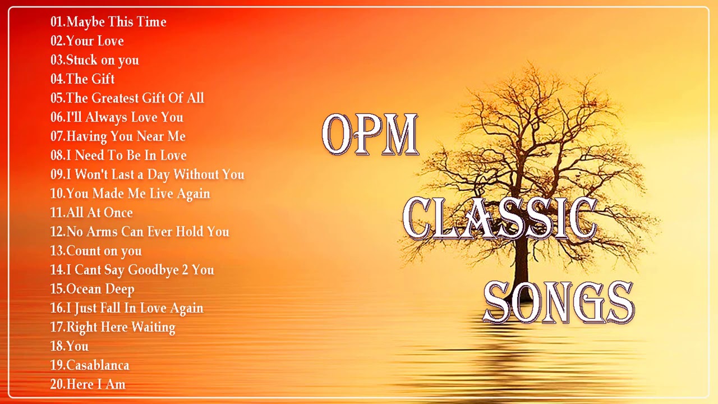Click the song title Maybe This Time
pyautogui.click(x=116, y=22)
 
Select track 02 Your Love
pyautogui.click(x=95, y=41)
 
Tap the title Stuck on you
pyautogui.click(x=102, y=60)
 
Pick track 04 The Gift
pyautogui.click(x=90, y=79)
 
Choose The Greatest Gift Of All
pyautogui.click(x=135, y=98)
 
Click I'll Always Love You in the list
pyautogui.click(x=125, y=117)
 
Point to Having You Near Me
pyautogui.click(x=126, y=136)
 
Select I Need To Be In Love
pyautogui.click(x=126, y=155)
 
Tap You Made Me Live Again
pyautogui.click(x=138, y=194)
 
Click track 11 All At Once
pyautogui.click(x=99, y=213)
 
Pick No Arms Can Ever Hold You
pyautogui.click(x=148, y=232)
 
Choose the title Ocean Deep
pyautogui.click(x=100, y=289)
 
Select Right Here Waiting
pyautogui.click(x=121, y=327)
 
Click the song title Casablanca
pyautogui.click(x=98, y=365)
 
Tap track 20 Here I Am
pyautogui.click(x=95, y=384)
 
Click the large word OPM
pyautogui.click(x=370, y=135)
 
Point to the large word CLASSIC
pyautogui.click(x=499, y=219)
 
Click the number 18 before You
pyautogui.click(x=57, y=346)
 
